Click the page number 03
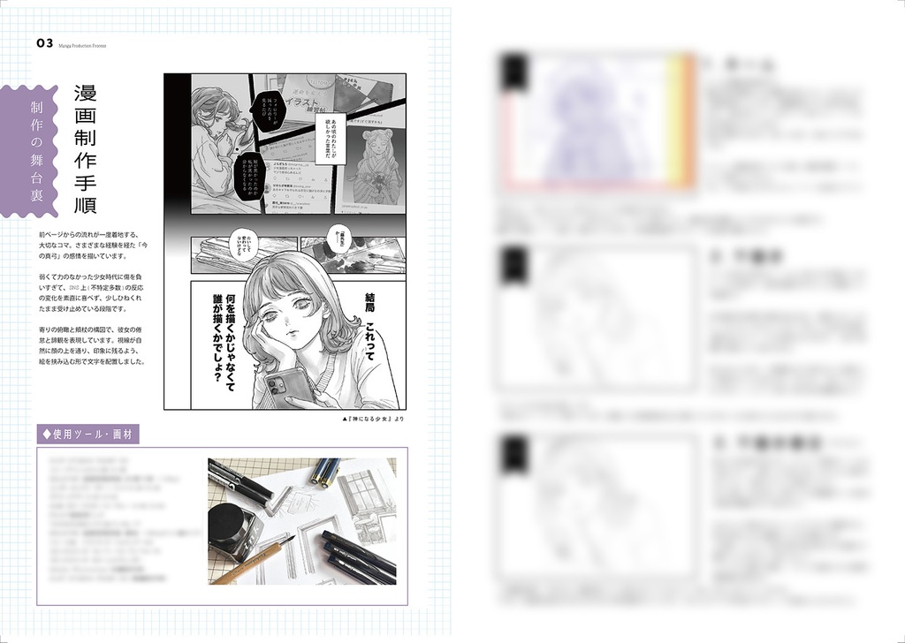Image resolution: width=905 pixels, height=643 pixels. pos(44,43)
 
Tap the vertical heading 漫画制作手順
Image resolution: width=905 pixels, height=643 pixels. pos(85,150)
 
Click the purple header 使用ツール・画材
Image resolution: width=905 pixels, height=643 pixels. pos(88,434)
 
